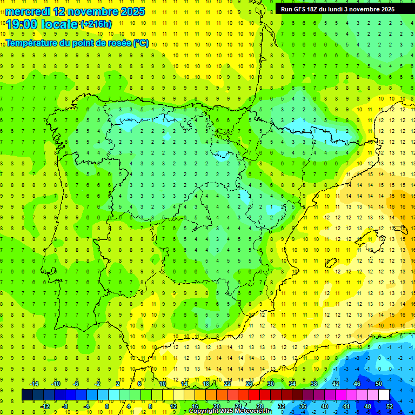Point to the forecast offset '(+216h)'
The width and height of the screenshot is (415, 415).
(x=96, y=24)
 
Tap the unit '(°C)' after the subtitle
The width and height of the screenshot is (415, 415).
(x=140, y=43)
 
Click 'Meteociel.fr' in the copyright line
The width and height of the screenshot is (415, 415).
(x=253, y=411)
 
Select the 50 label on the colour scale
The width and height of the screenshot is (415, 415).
(x=379, y=383)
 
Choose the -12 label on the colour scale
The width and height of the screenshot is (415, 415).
(x=44, y=406)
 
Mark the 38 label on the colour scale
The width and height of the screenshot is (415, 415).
(x=314, y=383)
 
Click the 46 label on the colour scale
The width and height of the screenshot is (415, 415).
(x=357, y=383)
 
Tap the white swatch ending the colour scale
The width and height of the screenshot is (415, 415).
(x=384, y=394)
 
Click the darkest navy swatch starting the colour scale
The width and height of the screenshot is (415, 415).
(x=27, y=394)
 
